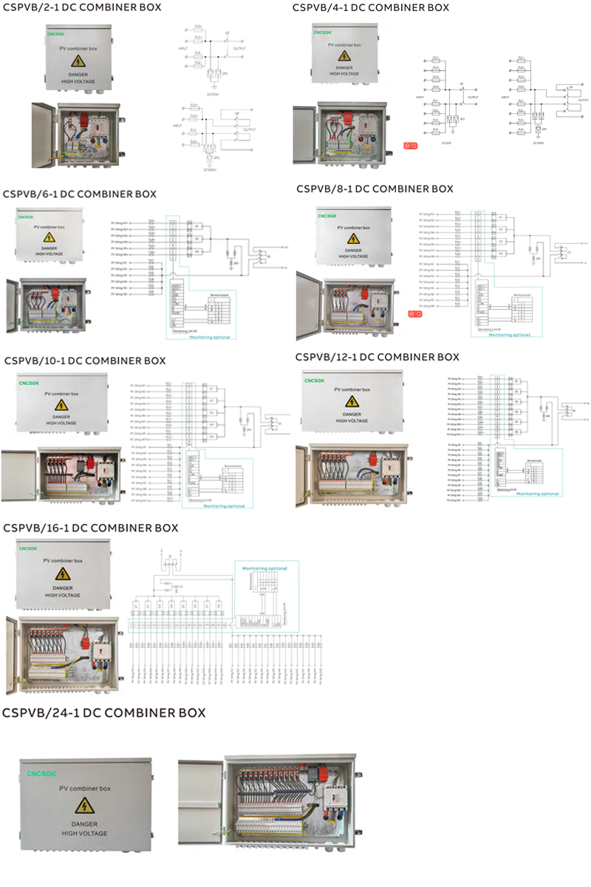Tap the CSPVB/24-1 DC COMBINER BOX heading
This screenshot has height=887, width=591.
click(x=104, y=713)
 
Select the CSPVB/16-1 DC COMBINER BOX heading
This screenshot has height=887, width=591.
click(x=91, y=528)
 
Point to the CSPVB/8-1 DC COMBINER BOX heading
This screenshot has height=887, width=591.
click(x=375, y=189)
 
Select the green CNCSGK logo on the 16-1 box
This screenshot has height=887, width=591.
click(x=29, y=548)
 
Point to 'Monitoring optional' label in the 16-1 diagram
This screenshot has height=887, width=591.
click(x=265, y=568)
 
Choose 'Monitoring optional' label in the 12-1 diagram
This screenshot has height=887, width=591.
click(x=538, y=493)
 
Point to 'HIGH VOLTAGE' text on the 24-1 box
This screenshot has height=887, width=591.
click(x=84, y=833)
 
